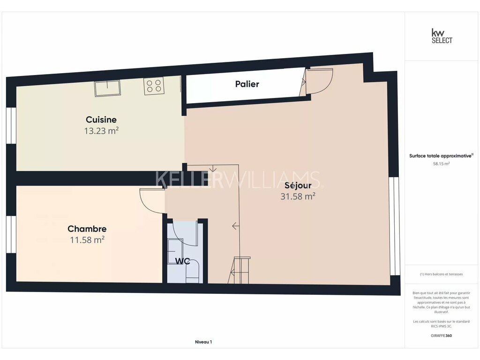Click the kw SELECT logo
tap(442, 36)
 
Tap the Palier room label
tap(247, 84)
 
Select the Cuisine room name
tap(101, 120)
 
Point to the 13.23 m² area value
tap(101, 131)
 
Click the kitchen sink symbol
tap(107, 88)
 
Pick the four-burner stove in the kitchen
tap(154, 85)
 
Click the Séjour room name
tap(298, 185)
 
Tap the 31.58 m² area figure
tap(298, 196)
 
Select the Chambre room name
tap(87, 229)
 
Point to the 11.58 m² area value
tap(87, 240)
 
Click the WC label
tap(182, 261)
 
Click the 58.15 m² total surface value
tap(441, 164)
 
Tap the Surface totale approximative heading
tap(441, 156)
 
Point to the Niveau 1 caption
tap(203, 342)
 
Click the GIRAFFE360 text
tap(441, 336)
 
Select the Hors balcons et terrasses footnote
tap(441, 274)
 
